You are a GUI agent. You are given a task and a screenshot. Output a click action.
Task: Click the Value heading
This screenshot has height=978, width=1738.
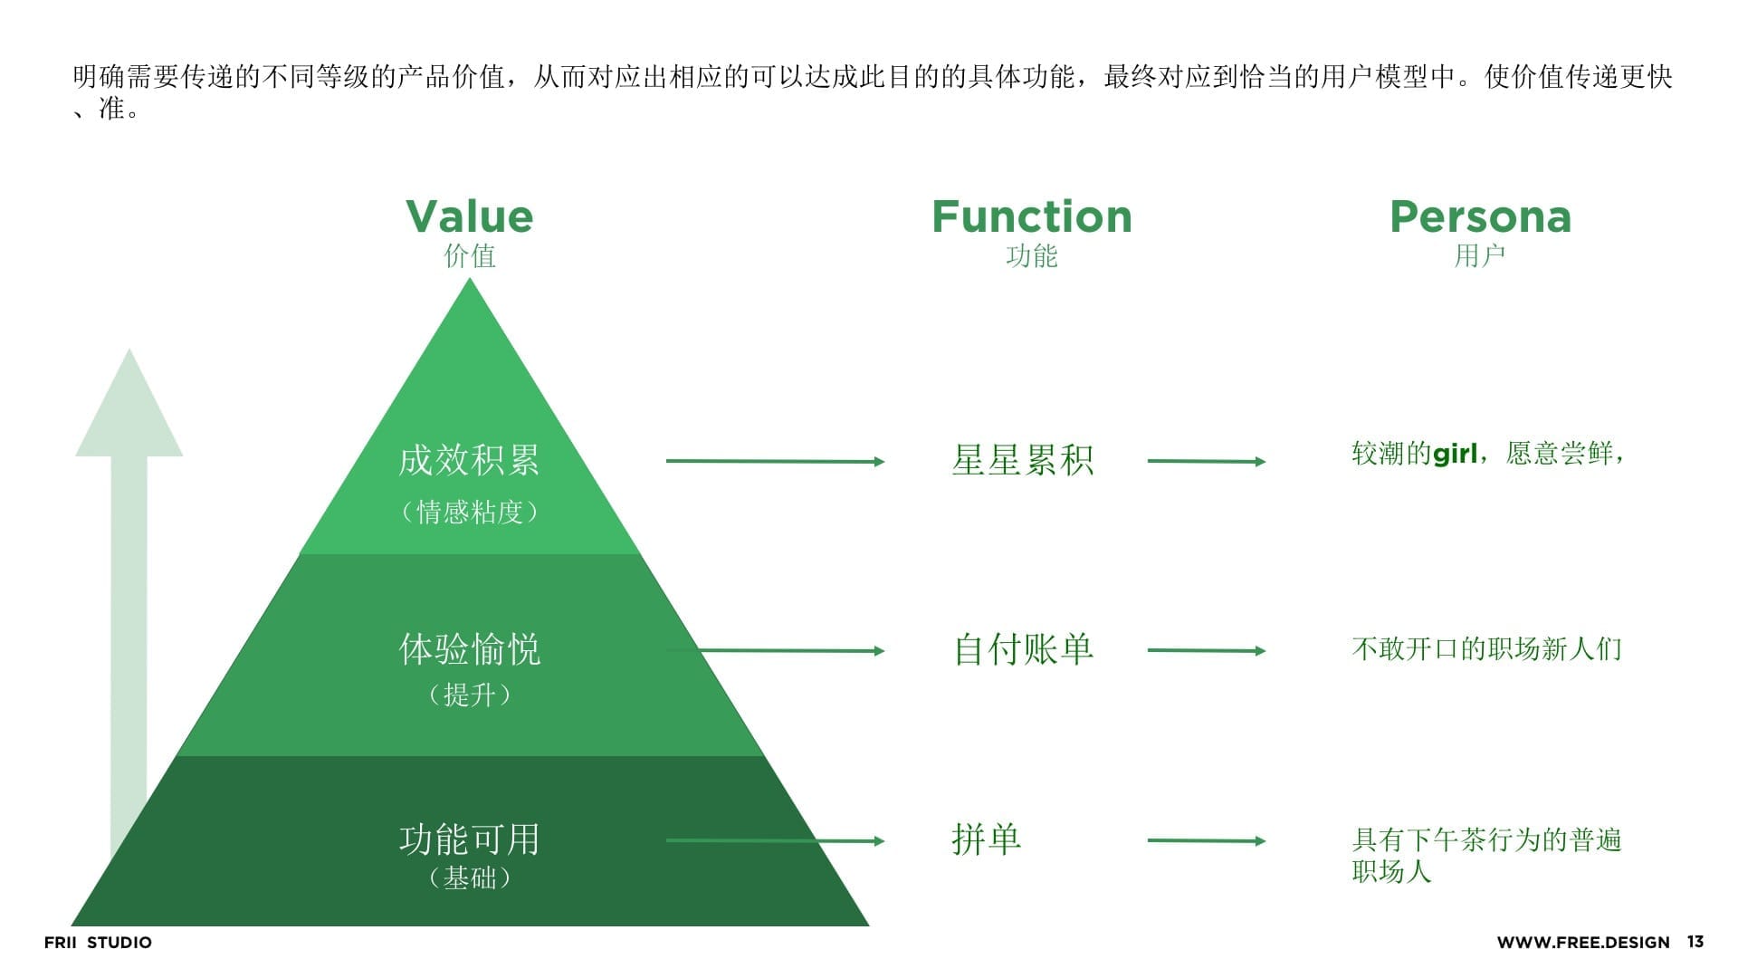(x=469, y=217)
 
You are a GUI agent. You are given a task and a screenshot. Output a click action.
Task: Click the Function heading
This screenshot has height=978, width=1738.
(x=1031, y=217)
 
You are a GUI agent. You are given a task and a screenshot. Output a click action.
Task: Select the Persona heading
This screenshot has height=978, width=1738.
(x=1480, y=217)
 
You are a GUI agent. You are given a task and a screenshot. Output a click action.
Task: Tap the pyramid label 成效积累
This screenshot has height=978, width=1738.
(x=469, y=460)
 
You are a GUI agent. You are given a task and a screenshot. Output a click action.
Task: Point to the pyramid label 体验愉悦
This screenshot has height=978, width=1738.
(x=469, y=649)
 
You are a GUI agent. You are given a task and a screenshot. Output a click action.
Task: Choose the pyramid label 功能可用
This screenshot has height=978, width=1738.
(x=469, y=839)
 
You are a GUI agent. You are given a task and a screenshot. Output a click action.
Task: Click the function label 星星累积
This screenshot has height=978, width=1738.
(x=1022, y=460)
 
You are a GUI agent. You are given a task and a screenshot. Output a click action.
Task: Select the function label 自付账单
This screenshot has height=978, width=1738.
(x=1023, y=649)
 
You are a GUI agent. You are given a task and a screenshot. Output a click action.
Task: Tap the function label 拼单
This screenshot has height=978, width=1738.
(x=986, y=839)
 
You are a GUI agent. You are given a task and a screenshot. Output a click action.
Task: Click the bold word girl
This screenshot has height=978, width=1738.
(x=1455, y=454)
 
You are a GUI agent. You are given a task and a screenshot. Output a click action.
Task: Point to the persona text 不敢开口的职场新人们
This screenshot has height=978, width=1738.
(x=1486, y=649)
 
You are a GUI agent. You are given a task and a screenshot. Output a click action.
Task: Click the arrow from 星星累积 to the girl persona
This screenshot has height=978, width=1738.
(x=1206, y=461)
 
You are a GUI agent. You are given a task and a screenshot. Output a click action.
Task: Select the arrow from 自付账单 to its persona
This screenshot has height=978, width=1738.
(x=1206, y=650)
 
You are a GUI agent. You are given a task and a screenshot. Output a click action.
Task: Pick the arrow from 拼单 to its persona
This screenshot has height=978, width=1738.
(x=1206, y=840)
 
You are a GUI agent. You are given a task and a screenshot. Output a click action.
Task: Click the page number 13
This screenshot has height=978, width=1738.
(x=1695, y=942)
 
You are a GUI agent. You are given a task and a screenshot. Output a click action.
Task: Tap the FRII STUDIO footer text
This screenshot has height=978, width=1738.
(x=98, y=943)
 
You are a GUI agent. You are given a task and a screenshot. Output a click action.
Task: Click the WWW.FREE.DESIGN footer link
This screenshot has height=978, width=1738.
(x=1582, y=943)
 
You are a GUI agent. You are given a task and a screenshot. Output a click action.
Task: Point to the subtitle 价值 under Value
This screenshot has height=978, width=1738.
(x=469, y=256)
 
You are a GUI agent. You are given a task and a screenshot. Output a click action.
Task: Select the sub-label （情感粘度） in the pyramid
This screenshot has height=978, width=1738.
(x=469, y=513)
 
